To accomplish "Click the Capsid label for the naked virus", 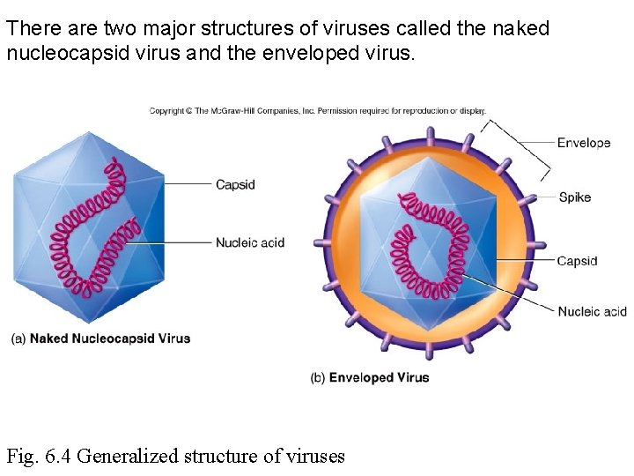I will click(x=235, y=184).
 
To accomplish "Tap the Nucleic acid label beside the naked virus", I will click(x=250, y=242).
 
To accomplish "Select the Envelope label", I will click(x=583, y=143).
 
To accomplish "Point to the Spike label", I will click(x=574, y=197).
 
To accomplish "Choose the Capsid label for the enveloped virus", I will click(x=577, y=261).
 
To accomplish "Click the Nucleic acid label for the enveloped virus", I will click(x=592, y=311).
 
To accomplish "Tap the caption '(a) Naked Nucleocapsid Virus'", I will click(x=100, y=338).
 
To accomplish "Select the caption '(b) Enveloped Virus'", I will click(x=370, y=377).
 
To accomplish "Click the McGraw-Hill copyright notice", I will click(x=317, y=111).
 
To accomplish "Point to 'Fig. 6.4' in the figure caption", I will click(x=40, y=456).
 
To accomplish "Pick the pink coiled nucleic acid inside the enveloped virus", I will click(x=431, y=256).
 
